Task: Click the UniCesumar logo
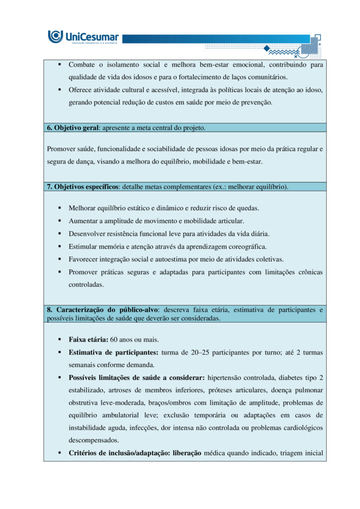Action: point(83,37)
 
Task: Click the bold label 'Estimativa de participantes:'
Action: point(114,352)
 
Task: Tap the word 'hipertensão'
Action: point(225,377)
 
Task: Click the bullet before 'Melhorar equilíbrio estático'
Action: point(59,208)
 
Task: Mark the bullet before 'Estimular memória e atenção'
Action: point(59,247)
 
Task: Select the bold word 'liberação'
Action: point(183,453)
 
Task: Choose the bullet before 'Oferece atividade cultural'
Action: point(59,89)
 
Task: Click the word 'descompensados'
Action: point(93,440)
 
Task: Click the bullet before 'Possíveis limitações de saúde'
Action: point(59,377)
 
